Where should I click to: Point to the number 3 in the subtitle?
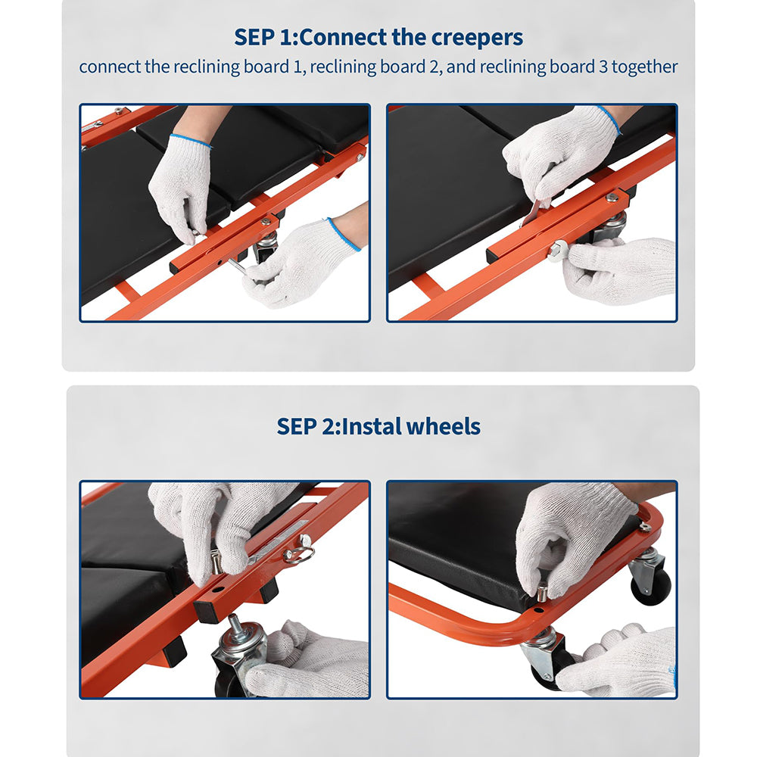pos(603,67)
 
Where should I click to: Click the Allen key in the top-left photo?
pos(236,266)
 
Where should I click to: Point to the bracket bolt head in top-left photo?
pos(265,221)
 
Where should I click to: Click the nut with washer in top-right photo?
pos(557,251)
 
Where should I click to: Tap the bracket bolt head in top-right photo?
pos(612,197)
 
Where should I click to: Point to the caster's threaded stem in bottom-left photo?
pos(235,625)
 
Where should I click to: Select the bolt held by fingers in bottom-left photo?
pos(215,562)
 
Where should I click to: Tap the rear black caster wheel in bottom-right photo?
pos(651,587)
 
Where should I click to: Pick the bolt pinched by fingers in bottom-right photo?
pos(542,593)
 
